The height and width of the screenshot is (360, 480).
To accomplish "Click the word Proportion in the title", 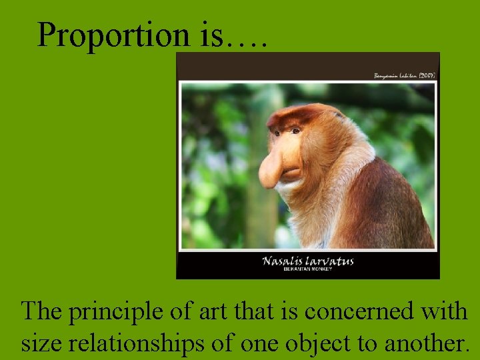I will pyautogui.click(x=113, y=35).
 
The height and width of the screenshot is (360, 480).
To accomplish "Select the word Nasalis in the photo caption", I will pyautogui.click(x=285, y=261).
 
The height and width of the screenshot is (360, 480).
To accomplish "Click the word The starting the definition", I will pyautogui.click(x=41, y=312).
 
